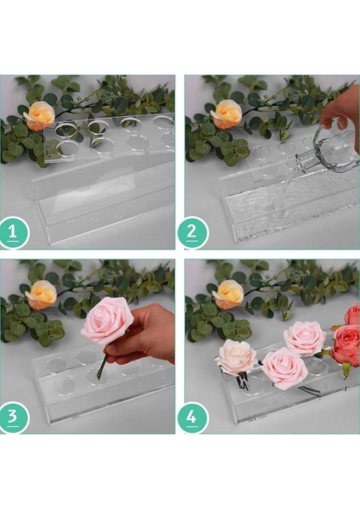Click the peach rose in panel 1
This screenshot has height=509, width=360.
tap(39, 115)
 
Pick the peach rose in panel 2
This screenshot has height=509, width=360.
tap(227, 113)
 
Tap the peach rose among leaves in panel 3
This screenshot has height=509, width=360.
tap(41, 294)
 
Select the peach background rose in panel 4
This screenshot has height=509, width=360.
tap(228, 294)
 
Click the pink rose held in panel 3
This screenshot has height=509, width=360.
tap(107, 321)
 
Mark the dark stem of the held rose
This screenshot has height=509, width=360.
tap(102, 366)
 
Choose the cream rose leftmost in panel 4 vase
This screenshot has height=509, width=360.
tap(236, 357)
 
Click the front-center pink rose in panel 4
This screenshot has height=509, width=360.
tap(284, 367)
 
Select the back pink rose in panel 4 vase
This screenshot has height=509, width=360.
tap(304, 338)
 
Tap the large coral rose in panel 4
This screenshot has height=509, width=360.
tap(347, 344)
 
